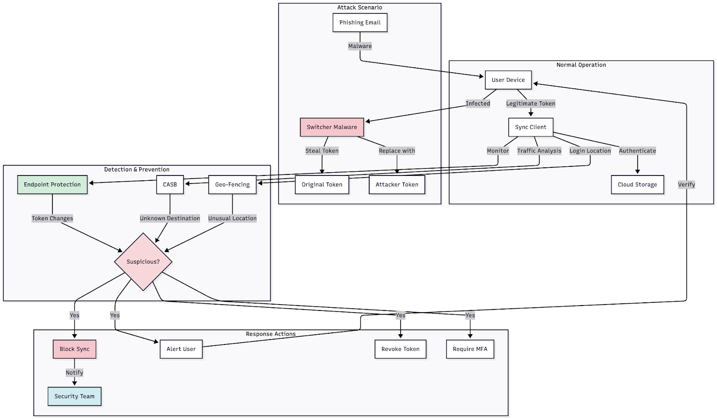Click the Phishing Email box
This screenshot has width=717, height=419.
pos(360,22)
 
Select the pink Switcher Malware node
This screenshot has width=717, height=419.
pos(332,127)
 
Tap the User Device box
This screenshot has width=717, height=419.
pos(508,80)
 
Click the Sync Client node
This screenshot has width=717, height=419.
pos(531,127)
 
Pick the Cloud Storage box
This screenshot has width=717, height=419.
pos(637,184)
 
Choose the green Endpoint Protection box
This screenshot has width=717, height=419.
pos(52,184)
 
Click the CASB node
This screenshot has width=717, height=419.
pos(170,184)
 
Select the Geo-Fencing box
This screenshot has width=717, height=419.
pos(232,184)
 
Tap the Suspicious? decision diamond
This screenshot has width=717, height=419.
pos(143,262)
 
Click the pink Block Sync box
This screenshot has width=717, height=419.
pos(74,349)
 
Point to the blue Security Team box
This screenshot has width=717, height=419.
pos(74,396)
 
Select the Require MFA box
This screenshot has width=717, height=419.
pos(470,349)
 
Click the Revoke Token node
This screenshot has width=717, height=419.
pos(400,349)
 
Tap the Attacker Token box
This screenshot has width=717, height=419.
pos(397,184)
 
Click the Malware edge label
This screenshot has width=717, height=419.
pos(360,46)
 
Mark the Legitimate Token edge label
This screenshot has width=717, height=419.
pos(531,104)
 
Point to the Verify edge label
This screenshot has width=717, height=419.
pos(686,184)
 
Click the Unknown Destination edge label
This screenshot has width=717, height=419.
pos(170,218)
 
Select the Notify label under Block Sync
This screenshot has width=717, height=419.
pos(74,373)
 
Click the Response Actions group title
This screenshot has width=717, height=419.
pos(271,334)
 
